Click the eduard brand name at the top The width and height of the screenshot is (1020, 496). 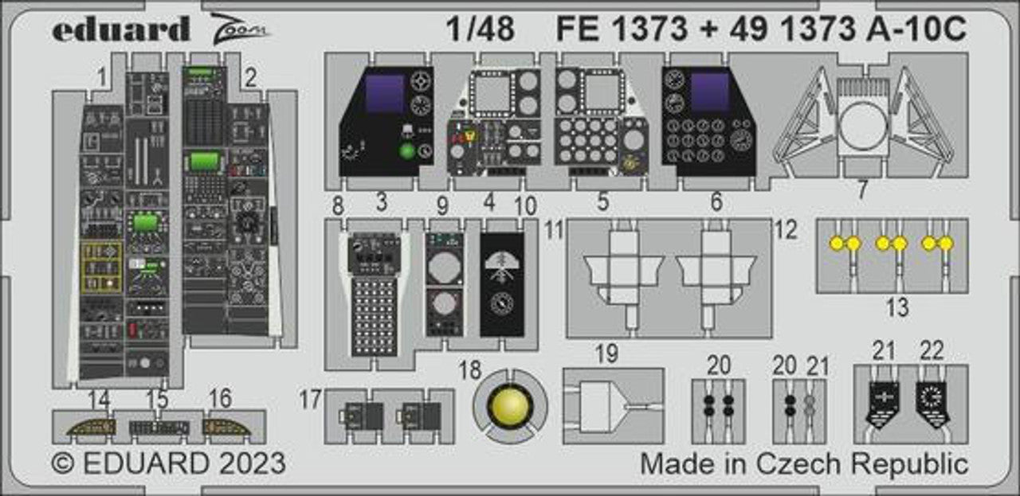point(121,29)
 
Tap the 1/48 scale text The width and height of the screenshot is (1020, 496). point(480,29)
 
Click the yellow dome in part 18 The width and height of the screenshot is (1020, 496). point(509,406)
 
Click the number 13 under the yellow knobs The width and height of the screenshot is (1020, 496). point(897,307)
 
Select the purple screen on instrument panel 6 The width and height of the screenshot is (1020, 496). point(710,92)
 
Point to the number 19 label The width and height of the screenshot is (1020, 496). point(606,354)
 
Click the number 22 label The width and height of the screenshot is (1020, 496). point(931,351)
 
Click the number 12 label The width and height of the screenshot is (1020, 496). point(785,231)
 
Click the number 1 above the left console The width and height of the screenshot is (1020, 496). point(100,77)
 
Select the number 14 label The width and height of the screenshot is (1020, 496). point(100,400)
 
